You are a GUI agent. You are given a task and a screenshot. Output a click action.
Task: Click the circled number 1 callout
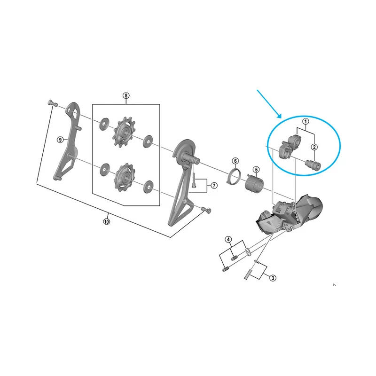click(305, 121)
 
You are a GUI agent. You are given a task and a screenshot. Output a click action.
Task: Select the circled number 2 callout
click(314, 147)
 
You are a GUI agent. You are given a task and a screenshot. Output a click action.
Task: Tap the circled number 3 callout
click(273, 278)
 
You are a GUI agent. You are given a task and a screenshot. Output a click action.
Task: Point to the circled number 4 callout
click(228, 239)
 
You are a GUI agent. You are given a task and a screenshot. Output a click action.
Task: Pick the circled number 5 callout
click(256, 170)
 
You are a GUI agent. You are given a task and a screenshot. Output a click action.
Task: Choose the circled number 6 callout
click(235, 161)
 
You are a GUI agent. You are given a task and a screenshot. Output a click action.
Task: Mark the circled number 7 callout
click(214, 185)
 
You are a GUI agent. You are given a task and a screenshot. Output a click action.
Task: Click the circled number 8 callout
click(126, 95)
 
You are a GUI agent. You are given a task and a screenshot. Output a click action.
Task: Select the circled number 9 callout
click(60, 140)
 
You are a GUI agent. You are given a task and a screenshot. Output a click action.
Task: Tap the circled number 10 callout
click(107, 221)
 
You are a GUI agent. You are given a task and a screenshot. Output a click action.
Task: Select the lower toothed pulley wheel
click(124, 178)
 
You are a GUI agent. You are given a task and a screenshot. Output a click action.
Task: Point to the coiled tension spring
click(255, 184)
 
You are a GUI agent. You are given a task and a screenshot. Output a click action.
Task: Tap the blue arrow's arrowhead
click(279, 116)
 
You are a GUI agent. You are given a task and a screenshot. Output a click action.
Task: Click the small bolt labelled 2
click(313, 165)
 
